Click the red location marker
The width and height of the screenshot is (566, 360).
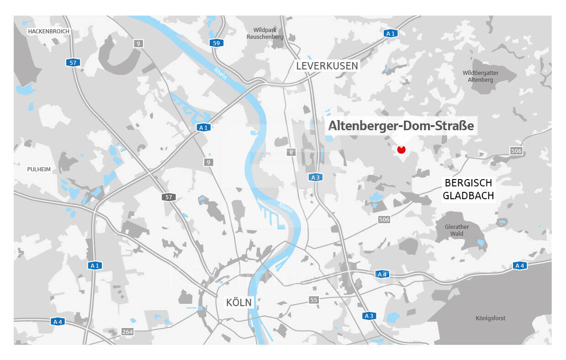(x=402, y=149)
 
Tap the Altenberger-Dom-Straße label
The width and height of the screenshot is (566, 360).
(x=402, y=125)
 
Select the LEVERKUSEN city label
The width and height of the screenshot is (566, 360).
(x=327, y=66)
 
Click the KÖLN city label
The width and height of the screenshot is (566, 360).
(x=239, y=302)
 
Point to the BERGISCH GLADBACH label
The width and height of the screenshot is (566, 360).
(x=469, y=189)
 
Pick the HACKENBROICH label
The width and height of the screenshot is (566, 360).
(x=48, y=32)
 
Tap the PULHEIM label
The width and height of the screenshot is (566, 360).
(x=39, y=169)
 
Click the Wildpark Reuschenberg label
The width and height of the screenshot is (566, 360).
(x=265, y=33)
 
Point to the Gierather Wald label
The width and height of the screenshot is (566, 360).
(x=457, y=230)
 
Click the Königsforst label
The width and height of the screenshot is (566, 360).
(x=491, y=318)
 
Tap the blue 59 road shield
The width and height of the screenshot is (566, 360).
(x=217, y=43)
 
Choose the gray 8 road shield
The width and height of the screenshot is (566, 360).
(x=291, y=152)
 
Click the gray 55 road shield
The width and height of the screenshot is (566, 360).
(x=313, y=300)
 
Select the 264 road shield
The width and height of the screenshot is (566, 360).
(x=127, y=332)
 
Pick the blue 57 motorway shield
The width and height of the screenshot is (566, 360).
(x=73, y=63)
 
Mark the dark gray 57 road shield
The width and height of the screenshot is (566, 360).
(x=169, y=197)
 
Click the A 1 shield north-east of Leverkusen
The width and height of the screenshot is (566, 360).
(x=390, y=33)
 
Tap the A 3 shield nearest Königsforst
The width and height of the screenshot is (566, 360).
(x=369, y=316)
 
